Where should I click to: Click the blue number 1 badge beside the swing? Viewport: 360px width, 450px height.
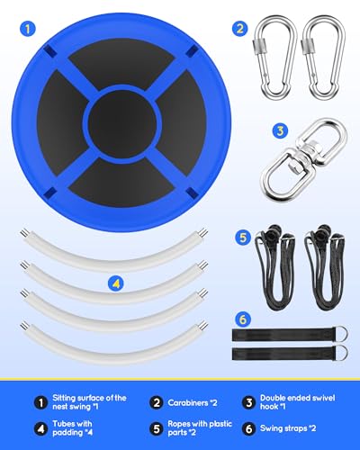pos(28,29)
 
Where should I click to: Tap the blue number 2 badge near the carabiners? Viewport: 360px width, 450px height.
pos(239,29)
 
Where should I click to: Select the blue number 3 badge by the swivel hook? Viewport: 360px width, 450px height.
pos(280,130)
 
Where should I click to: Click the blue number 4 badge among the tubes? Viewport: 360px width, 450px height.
pos(116,283)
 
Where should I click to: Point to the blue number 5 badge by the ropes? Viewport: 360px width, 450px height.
pos(243,238)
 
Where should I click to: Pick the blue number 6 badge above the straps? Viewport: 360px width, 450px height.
pos(243,319)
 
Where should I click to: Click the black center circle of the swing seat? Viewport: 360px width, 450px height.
pos(122,123)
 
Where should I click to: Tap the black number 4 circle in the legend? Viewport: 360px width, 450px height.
pos(40,428)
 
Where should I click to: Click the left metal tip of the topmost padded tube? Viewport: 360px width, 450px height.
pos(23,233)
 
